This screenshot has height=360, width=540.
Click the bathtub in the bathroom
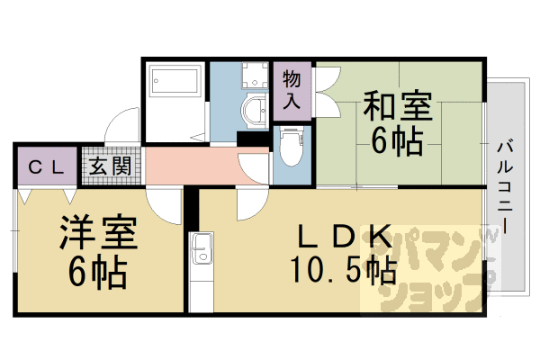click(x=175, y=81)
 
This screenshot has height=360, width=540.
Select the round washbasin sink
click(x=256, y=111)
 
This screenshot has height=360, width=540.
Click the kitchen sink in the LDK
click(x=202, y=248)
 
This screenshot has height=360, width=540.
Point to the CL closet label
click(x=46, y=167)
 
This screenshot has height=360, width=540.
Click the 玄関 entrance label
click(x=111, y=166)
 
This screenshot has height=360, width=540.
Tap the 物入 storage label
click(x=292, y=90)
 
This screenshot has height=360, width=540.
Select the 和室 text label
click(x=398, y=105)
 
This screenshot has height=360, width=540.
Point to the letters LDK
click(x=345, y=237)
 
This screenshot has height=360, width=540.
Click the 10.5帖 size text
click(x=344, y=270)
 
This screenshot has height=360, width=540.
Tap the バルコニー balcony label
click(x=505, y=188)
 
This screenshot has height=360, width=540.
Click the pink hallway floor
click(x=207, y=166)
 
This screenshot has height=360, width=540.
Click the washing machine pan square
click(x=255, y=75)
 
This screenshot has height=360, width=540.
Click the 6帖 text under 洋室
click(x=98, y=272)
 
